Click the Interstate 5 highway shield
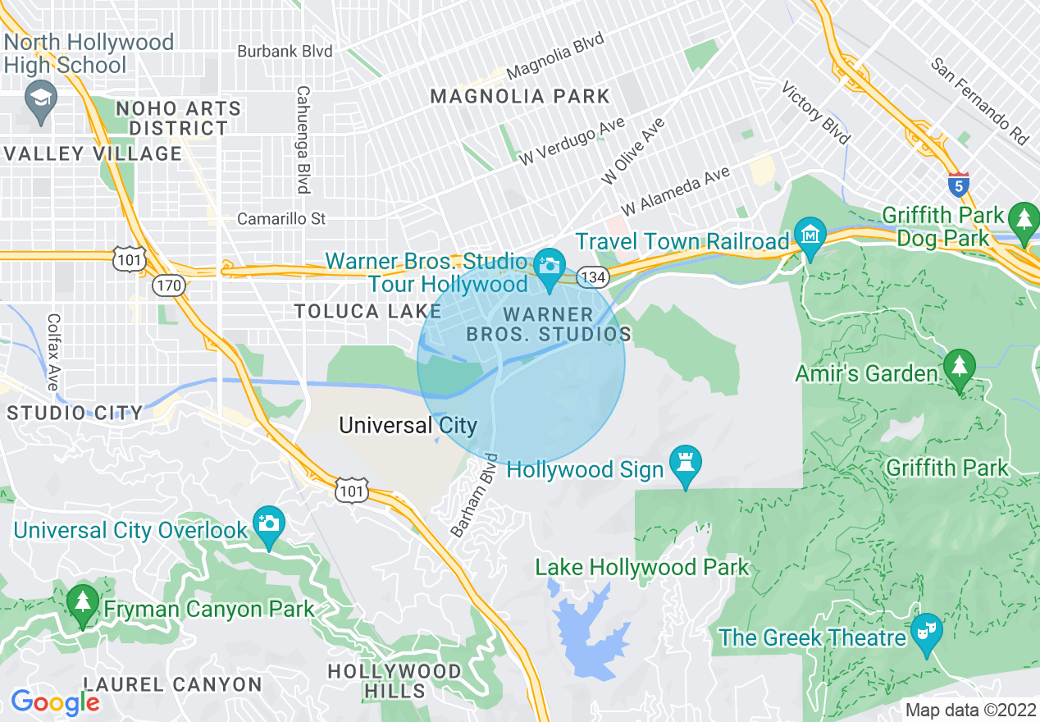click(957, 184)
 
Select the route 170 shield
click(169, 286)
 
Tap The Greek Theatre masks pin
click(927, 632)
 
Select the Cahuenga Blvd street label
click(303, 139)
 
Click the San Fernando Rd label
click(980, 101)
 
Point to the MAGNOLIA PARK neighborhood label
click(520, 96)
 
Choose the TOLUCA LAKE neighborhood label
click(367, 311)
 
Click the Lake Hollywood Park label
click(641, 567)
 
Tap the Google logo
click(55, 702)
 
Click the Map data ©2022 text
click(968, 710)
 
